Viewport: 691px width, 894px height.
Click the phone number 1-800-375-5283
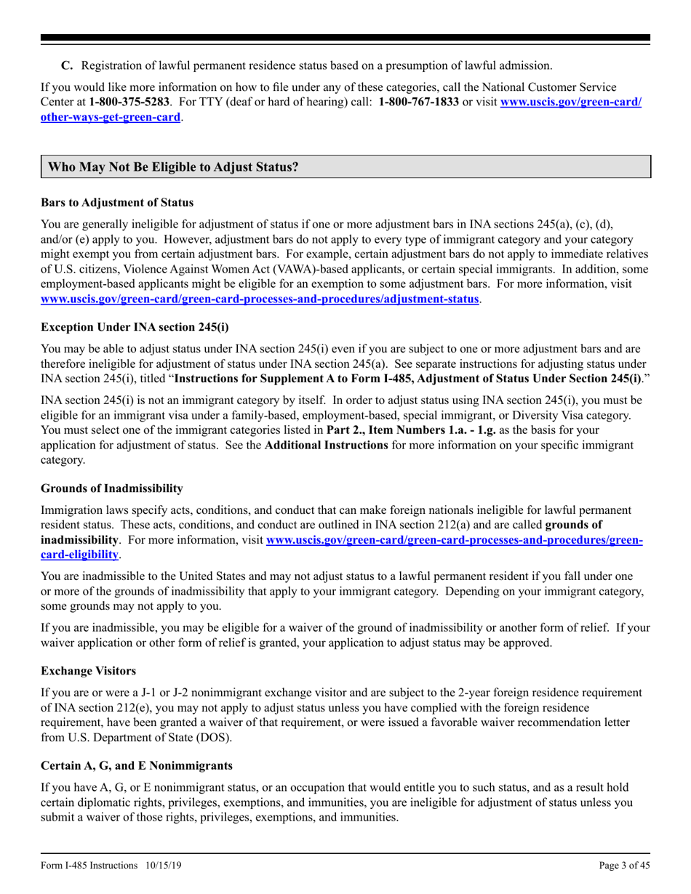(x=129, y=102)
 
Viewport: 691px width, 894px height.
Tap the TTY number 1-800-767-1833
(x=418, y=102)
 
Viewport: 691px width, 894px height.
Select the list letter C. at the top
(x=67, y=65)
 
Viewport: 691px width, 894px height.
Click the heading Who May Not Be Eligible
(x=173, y=166)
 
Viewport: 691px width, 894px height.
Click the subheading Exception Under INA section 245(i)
(x=135, y=326)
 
